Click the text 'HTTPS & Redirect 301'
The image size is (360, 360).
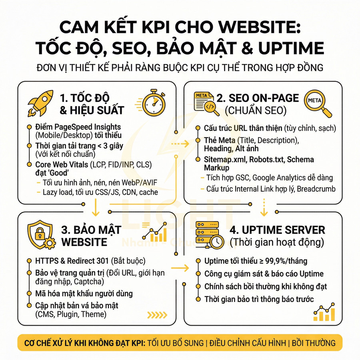(x=72, y=261)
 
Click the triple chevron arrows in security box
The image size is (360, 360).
(x=157, y=315)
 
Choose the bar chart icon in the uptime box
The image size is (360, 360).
(x=324, y=313)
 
